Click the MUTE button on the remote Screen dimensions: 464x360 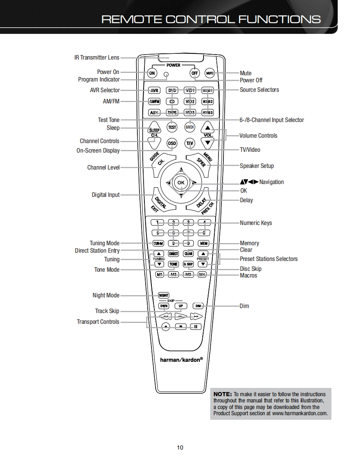pyautogui.click(x=209, y=73)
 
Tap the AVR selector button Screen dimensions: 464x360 pyautogui.click(x=154, y=91)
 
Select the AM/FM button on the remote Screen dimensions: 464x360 pyautogui.click(x=154, y=101)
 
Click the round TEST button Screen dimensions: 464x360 pyautogui.click(x=172, y=127)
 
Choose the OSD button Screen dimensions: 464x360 pyautogui.click(x=171, y=144)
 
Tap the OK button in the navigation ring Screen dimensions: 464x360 pyautogui.click(x=181, y=182)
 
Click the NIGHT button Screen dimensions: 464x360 pyautogui.click(x=163, y=295)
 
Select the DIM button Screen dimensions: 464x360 pyautogui.click(x=198, y=306)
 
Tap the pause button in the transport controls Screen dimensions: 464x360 pyautogui.click(x=195, y=326)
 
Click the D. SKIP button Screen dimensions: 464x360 pyautogui.click(x=188, y=264)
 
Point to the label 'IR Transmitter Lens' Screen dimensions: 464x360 pyautogui.click(x=96, y=57)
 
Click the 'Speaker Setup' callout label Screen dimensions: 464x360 pyautogui.click(x=257, y=166)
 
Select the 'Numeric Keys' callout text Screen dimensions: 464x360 pyautogui.click(x=256, y=223)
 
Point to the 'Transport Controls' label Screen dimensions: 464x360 pyautogui.click(x=98, y=322)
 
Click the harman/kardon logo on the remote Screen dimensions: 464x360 pyautogui.click(x=181, y=359)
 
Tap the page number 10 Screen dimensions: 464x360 pyautogui.click(x=180, y=447)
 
